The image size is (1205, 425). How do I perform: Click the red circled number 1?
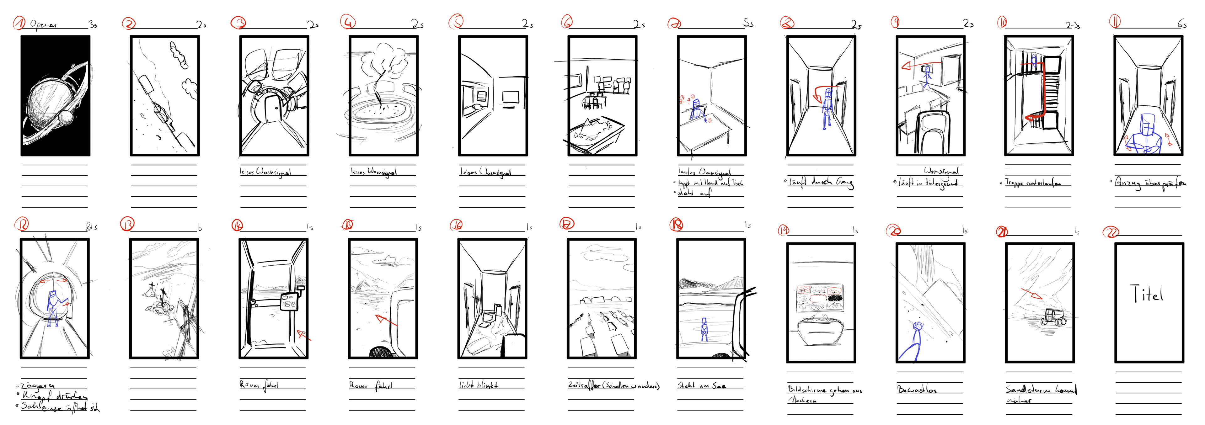(x=19, y=23)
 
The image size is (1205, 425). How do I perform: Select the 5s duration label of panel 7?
(x=748, y=23)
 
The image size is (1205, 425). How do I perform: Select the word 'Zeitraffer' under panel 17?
(x=584, y=385)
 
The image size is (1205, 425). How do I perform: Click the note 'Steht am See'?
(x=702, y=385)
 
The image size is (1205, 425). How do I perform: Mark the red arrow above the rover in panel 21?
(x=1032, y=294)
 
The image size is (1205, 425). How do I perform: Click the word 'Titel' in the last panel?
(x=1147, y=294)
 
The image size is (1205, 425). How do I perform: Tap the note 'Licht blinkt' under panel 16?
(x=478, y=385)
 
